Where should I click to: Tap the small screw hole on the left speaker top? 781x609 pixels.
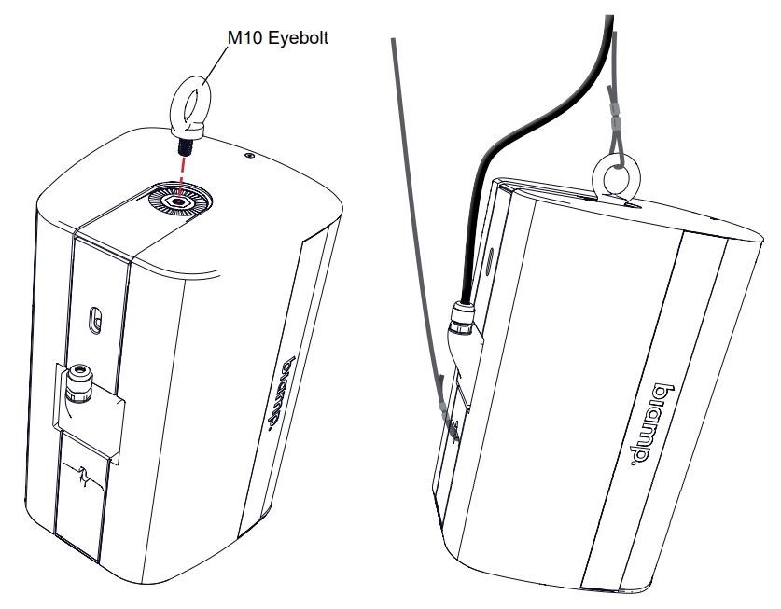click(x=248, y=155)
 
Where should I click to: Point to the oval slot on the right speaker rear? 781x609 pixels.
click(x=491, y=260)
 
